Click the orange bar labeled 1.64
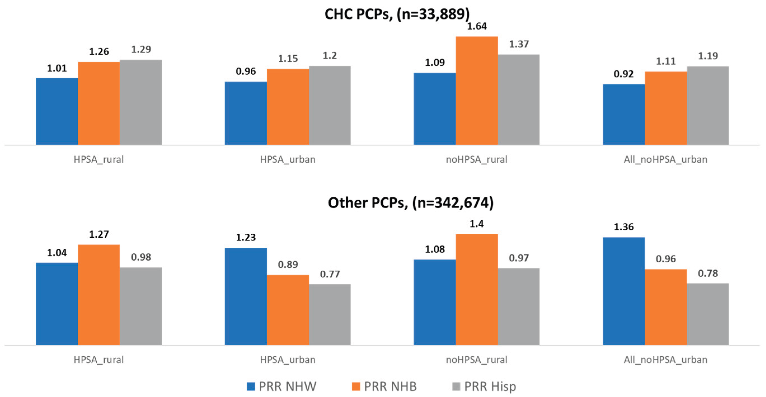click(x=476, y=91)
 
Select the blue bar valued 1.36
click(x=623, y=291)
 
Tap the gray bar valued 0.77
click(x=330, y=315)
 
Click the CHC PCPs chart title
click(x=397, y=14)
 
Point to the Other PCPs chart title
click(x=410, y=203)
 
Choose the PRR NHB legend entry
click(x=384, y=386)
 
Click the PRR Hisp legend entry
click(x=484, y=386)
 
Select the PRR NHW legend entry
click(x=281, y=386)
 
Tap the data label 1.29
click(x=141, y=49)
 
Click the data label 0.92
click(x=623, y=74)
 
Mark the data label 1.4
click(x=476, y=224)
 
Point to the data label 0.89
click(x=288, y=264)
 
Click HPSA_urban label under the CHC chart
click(x=288, y=160)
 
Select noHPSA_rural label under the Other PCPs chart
click(x=476, y=360)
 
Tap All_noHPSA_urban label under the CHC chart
click(x=665, y=160)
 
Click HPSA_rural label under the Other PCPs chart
click(x=98, y=360)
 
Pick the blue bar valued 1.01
click(x=57, y=112)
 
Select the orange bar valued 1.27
click(x=98, y=295)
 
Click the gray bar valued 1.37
click(x=519, y=100)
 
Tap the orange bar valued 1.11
click(x=666, y=108)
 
